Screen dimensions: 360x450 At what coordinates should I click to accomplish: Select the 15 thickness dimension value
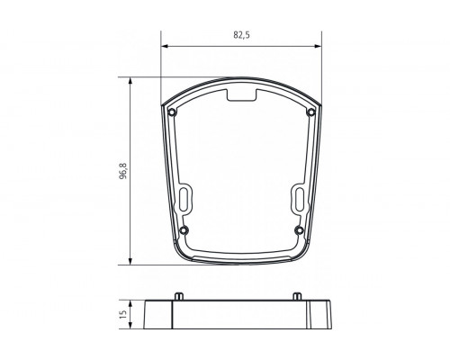[x=122, y=316]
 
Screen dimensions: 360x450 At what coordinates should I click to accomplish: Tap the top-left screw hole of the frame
[x=172, y=112]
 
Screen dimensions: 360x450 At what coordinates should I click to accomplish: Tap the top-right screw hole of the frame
[x=311, y=112]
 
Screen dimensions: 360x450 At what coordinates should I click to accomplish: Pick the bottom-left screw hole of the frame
[x=184, y=229]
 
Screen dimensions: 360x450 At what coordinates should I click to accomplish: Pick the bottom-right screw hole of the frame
[x=299, y=229]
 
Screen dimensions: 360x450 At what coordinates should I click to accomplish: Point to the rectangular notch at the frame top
[x=241, y=92]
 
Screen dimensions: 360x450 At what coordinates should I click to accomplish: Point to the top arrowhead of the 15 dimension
[x=132, y=302]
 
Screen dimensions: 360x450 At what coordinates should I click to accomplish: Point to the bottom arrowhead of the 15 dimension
[x=132, y=329]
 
